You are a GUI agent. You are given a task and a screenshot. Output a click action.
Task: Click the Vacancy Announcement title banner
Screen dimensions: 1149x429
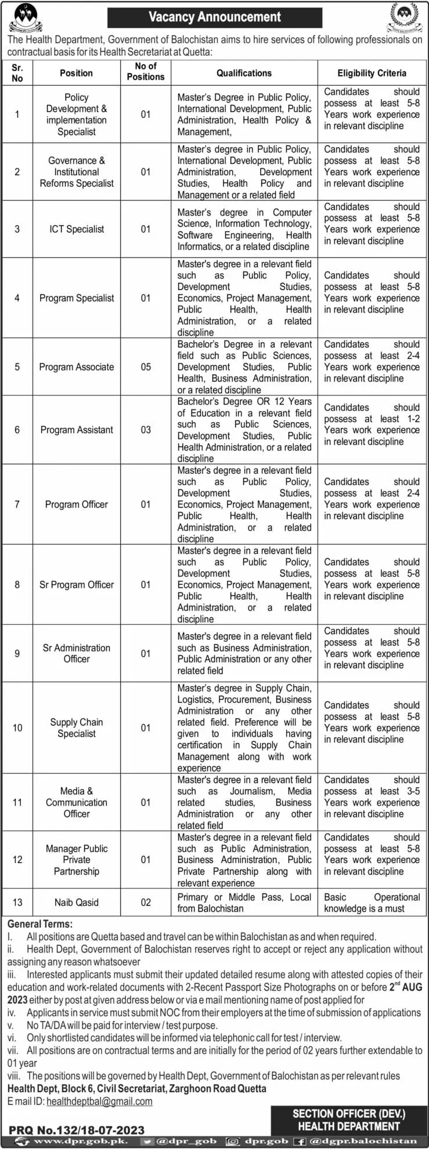(214, 17)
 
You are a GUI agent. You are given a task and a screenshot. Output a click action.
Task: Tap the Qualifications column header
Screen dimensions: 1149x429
(244, 73)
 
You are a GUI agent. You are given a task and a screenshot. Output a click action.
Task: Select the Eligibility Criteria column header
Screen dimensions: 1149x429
(372, 73)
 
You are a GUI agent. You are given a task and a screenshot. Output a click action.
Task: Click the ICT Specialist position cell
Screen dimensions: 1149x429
(77, 229)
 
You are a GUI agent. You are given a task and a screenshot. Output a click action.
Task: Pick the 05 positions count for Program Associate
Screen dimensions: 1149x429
(146, 367)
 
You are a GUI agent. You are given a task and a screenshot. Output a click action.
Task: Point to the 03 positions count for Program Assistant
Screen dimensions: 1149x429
(146, 430)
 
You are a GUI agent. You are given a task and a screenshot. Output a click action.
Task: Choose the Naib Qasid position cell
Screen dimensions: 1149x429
(77, 902)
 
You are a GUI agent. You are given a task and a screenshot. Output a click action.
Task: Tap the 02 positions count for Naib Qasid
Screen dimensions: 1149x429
(146, 902)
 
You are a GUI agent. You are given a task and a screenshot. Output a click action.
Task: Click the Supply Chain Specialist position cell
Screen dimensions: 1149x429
(77, 728)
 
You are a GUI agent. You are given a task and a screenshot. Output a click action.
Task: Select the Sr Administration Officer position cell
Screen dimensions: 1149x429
(77, 653)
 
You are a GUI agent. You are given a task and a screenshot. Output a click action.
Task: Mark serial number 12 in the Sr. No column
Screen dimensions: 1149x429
(17, 860)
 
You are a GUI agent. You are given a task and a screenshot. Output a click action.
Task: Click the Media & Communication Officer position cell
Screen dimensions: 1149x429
(77, 802)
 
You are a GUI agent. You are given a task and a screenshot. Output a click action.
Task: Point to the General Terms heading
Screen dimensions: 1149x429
(40, 923)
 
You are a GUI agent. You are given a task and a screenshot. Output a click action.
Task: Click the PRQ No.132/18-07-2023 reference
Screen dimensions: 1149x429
(77, 1129)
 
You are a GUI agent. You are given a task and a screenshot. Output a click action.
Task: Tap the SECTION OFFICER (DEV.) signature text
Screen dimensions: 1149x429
(349, 1114)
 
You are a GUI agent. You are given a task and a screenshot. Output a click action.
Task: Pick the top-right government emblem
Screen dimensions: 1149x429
(403, 17)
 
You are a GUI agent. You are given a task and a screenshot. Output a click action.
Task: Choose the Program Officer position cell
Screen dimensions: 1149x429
(77, 505)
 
